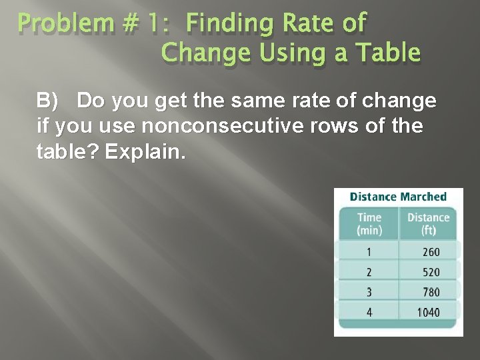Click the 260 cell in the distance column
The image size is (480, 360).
431,252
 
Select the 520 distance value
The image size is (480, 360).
431,272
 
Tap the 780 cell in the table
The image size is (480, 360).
431,292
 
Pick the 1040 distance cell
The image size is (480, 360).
428,312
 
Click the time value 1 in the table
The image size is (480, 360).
369,252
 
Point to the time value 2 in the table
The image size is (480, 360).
369,272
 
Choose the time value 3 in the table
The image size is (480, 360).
369,292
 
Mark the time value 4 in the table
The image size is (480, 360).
369,312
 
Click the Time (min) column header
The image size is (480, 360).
369,223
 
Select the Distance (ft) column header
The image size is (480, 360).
428,223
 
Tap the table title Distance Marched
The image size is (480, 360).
398,197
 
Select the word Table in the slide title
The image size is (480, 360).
387,51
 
